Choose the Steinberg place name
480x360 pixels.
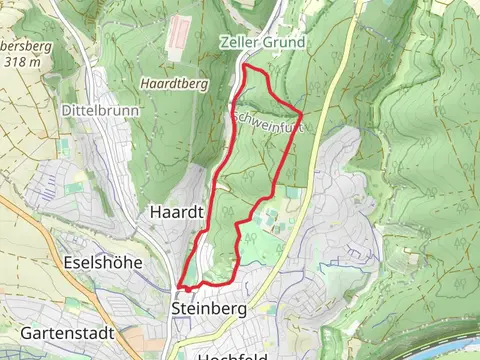click(209, 309)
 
